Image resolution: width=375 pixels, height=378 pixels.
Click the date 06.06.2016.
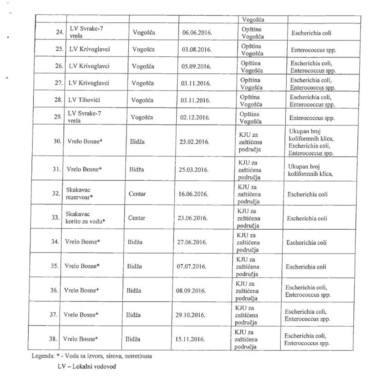tap(197, 33)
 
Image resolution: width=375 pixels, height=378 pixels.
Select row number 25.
tap(59, 49)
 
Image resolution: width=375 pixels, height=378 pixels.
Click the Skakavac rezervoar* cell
tap(79, 194)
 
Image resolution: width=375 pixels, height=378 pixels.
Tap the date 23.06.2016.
tap(192, 218)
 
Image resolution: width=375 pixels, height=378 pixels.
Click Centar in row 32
tap(137, 194)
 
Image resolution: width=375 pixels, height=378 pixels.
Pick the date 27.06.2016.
tap(192, 242)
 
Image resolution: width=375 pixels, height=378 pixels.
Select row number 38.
tap(53, 339)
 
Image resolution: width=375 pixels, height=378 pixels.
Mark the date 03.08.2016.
tap(197, 50)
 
